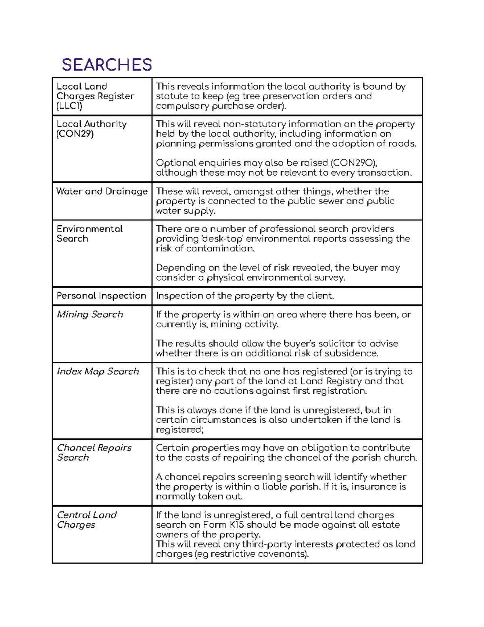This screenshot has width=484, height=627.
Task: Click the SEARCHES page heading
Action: coord(107,65)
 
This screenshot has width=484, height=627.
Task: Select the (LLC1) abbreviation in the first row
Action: coord(69,106)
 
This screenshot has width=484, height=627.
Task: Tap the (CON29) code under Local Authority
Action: coord(75,134)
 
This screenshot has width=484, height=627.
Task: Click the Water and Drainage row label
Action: coord(102,191)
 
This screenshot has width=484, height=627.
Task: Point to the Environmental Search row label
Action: coord(89,234)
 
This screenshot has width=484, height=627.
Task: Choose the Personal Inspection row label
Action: coord(101,296)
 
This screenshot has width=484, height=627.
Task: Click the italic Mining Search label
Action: coord(90,315)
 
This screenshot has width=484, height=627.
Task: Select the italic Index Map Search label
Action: coord(98,371)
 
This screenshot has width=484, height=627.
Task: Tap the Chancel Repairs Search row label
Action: coord(94,453)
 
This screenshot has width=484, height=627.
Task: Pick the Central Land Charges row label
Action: coord(86,520)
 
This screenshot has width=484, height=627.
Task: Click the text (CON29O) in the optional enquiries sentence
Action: coord(354,163)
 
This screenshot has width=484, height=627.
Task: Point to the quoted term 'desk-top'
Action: coord(222,239)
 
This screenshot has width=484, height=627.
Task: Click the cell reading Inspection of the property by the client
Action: coord(245,296)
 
